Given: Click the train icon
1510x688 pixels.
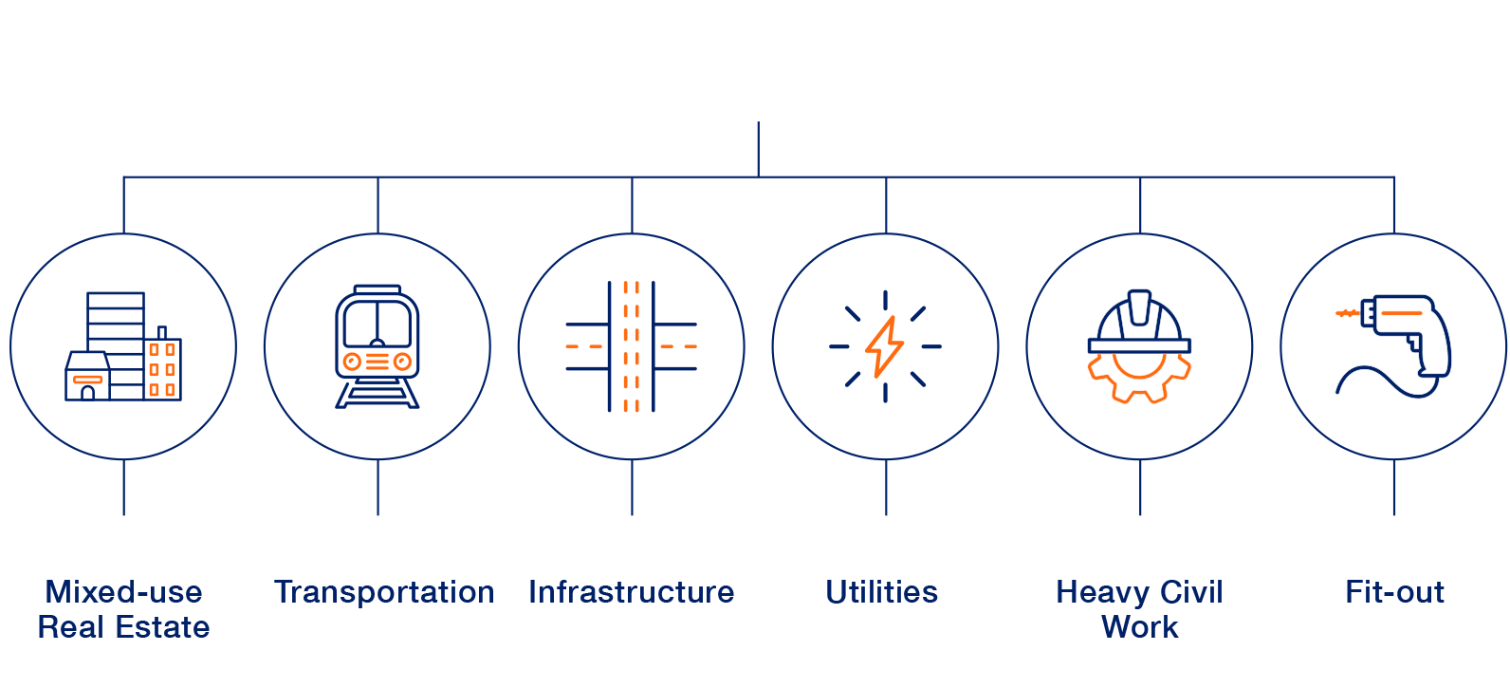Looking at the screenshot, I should click(377, 346).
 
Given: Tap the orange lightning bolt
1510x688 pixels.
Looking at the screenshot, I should click(884, 346).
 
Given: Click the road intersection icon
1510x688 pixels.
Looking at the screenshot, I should click(631, 346).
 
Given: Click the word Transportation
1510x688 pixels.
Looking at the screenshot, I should click(384, 592).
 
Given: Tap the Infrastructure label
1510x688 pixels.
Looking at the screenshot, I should click(631, 592).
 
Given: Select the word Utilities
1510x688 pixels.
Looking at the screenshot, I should click(882, 592).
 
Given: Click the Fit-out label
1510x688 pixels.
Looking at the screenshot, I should click(1394, 592).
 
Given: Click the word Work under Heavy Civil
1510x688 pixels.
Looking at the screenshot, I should click(1139, 627).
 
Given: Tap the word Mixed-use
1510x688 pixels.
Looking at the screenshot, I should click(123, 592).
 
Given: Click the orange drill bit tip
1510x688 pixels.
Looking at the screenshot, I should click(1346, 312).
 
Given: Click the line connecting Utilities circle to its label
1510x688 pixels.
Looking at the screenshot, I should click(886, 488).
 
